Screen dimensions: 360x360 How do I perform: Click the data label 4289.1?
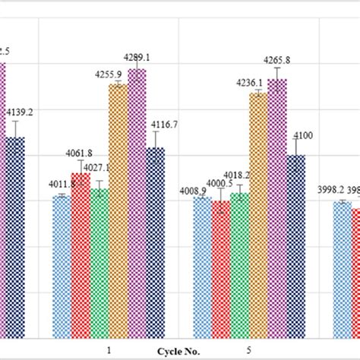pyautogui.click(x=137, y=57)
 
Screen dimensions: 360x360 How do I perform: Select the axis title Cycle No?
pyautogui.click(x=179, y=352)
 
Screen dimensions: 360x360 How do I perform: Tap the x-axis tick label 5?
pyautogui.click(x=249, y=350)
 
